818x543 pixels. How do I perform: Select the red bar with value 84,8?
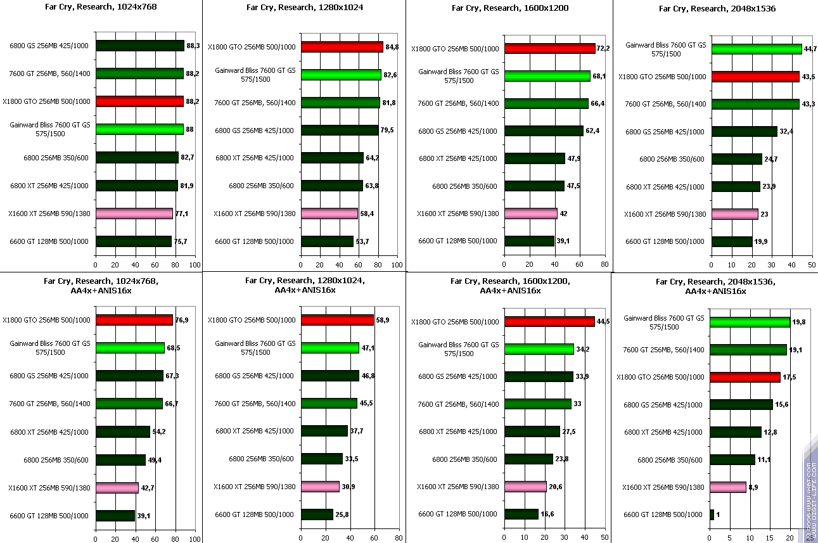click(x=342, y=47)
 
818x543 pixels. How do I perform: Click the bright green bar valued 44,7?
click(x=757, y=49)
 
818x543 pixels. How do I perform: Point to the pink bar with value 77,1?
click(x=134, y=214)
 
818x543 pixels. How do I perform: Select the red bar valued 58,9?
click(x=337, y=321)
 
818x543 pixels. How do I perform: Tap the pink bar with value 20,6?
click(x=525, y=487)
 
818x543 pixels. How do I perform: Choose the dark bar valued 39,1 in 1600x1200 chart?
click(x=529, y=241)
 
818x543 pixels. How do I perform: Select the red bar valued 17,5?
click(x=746, y=377)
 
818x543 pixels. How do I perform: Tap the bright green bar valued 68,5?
click(x=131, y=348)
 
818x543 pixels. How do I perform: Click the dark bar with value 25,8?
click(x=317, y=514)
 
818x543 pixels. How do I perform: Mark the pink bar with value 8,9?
click(x=729, y=487)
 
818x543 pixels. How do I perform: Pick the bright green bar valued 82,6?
click(x=342, y=75)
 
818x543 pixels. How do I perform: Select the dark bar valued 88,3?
click(x=140, y=46)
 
